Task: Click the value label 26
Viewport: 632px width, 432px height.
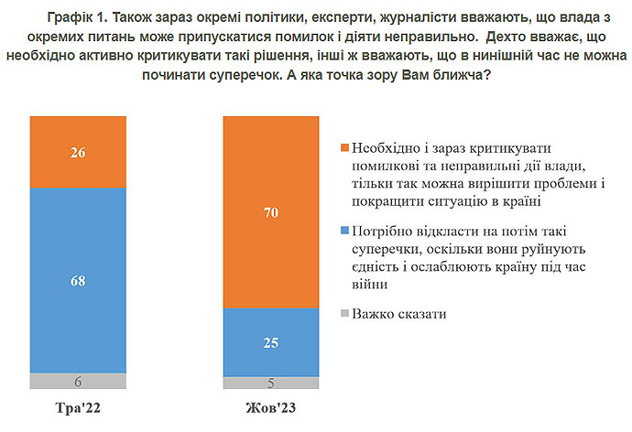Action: click(78, 153)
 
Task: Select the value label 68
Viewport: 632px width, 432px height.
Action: click(78, 281)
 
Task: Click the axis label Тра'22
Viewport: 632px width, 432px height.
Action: click(78, 407)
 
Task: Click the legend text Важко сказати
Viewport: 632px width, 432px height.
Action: click(399, 314)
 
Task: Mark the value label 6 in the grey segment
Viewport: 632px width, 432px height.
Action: click(78, 382)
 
